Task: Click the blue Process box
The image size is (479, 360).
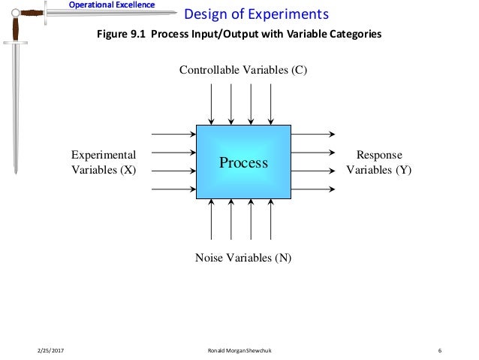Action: (x=243, y=162)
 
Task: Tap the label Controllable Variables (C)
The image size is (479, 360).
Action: (x=243, y=71)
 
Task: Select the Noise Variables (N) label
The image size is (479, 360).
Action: (x=243, y=258)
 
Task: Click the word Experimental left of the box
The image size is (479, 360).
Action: (x=104, y=155)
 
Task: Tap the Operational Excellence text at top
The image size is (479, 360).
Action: (x=112, y=5)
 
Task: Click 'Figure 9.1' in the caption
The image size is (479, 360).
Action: (x=119, y=34)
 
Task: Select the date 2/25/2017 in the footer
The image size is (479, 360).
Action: (x=50, y=350)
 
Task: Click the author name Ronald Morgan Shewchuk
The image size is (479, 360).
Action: (x=242, y=350)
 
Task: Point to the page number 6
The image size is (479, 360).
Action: (x=439, y=350)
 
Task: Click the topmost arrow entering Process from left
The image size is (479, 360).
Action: (x=173, y=135)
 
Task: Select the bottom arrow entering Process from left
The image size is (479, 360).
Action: (x=173, y=189)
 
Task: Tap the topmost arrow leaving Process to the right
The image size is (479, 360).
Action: (x=312, y=135)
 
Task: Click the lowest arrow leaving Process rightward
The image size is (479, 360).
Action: (x=312, y=189)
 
